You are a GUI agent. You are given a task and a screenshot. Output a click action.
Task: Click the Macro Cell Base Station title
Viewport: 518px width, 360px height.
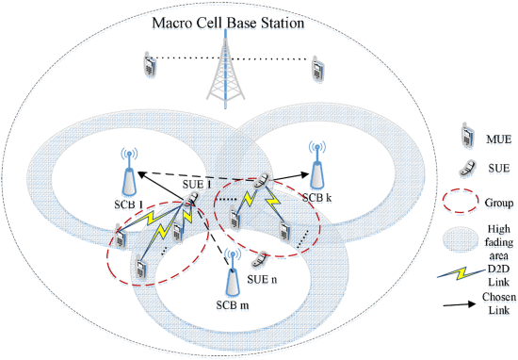click(x=228, y=24)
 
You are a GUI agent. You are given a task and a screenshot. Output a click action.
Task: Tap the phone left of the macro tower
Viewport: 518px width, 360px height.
click(x=150, y=64)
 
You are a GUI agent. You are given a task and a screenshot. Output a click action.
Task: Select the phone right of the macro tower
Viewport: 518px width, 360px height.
click(x=317, y=69)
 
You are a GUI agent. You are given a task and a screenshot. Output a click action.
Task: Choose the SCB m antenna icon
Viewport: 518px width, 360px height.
click(x=233, y=272)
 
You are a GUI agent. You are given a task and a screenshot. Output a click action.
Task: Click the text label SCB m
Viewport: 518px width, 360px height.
click(x=233, y=304)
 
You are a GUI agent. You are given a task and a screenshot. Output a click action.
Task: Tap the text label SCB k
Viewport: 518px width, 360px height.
click(x=317, y=198)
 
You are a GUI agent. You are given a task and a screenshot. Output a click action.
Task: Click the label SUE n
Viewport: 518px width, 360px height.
click(x=262, y=280)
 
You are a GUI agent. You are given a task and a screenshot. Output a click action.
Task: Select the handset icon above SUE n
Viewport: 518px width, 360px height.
click(x=260, y=259)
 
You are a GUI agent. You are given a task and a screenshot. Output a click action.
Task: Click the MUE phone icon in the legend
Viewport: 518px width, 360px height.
click(x=467, y=134)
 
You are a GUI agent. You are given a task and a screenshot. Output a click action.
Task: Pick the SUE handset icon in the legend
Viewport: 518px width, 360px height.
click(x=467, y=169)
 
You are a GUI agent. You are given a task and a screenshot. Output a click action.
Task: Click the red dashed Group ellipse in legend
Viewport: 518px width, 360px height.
click(x=461, y=201)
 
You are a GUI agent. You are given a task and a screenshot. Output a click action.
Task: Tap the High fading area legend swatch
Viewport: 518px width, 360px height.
click(x=461, y=239)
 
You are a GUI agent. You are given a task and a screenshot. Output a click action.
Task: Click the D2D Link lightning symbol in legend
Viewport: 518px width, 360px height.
click(x=462, y=272)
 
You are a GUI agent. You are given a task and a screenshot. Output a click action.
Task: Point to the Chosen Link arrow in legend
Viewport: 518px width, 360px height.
click(x=461, y=304)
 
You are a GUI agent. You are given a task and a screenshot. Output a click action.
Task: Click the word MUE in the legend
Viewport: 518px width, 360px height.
click(x=499, y=139)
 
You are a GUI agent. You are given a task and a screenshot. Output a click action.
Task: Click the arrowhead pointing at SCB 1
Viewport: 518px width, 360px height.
click(x=141, y=174)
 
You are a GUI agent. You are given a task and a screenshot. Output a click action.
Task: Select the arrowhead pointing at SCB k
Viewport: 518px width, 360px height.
click(x=304, y=175)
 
